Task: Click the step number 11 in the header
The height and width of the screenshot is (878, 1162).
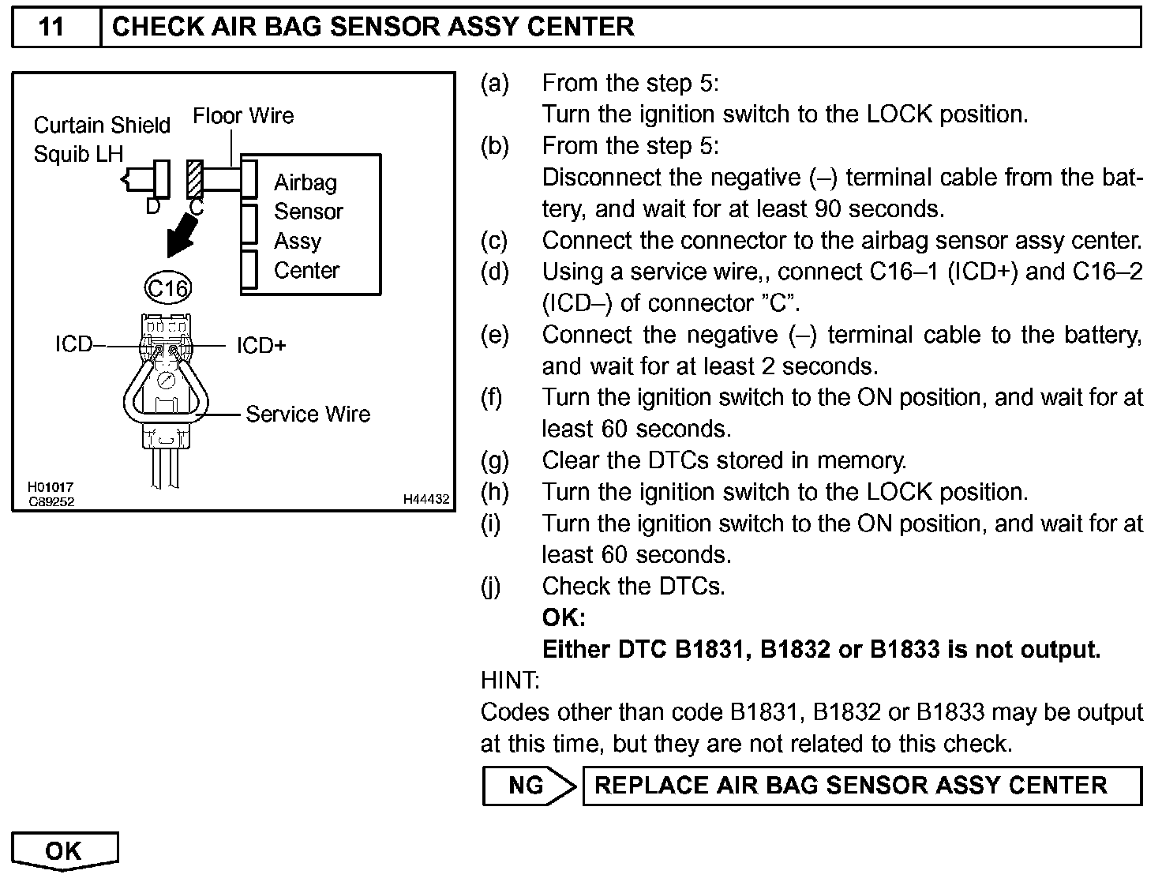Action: pyautogui.click(x=51, y=27)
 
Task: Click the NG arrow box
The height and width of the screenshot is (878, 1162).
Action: pyautogui.click(x=528, y=786)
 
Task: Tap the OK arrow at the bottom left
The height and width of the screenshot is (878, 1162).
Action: pyautogui.click(x=65, y=850)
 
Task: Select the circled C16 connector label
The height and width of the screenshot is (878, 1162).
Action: pyautogui.click(x=167, y=288)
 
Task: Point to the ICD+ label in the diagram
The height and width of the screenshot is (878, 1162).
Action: pyautogui.click(x=261, y=346)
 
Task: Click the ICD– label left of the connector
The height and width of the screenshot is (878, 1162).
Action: pyautogui.click(x=74, y=345)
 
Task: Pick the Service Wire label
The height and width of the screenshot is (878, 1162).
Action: pyautogui.click(x=308, y=414)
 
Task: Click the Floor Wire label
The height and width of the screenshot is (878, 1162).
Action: pyautogui.click(x=243, y=116)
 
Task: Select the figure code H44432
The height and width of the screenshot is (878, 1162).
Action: pyautogui.click(x=426, y=499)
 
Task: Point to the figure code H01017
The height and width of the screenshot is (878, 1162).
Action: pyautogui.click(x=51, y=488)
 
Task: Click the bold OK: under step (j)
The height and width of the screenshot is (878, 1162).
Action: pyautogui.click(x=564, y=617)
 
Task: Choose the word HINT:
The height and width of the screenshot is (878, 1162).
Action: pyautogui.click(x=510, y=680)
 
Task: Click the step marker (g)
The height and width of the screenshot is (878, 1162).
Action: pyautogui.click(x=494, y=460)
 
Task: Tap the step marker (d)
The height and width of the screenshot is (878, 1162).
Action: pyautogui.click(x=494, y=272)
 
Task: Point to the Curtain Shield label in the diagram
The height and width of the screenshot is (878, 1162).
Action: pyautogui.click(x=102, y=126)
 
